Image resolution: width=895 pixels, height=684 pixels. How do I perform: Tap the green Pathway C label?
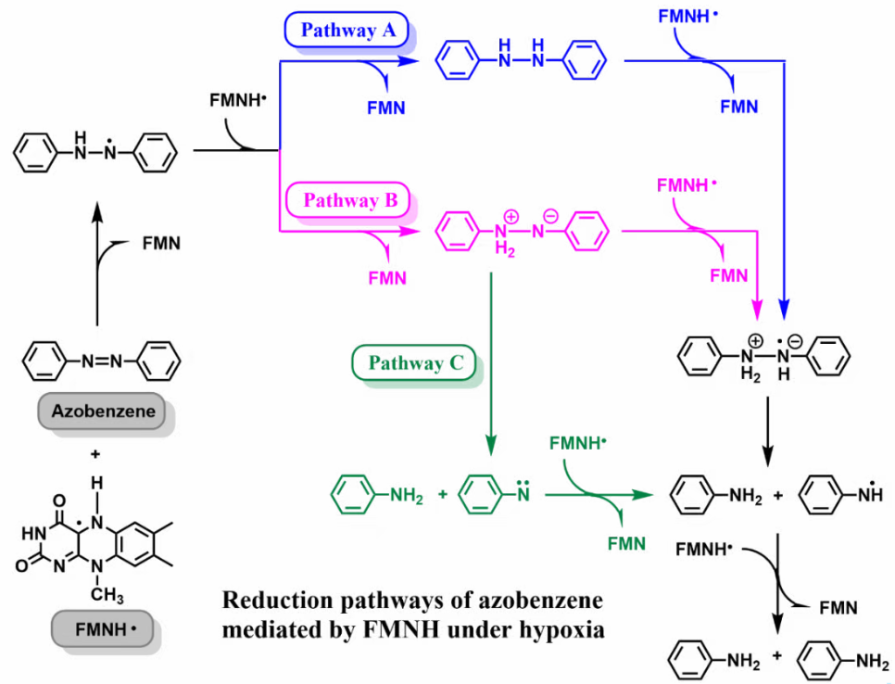415,362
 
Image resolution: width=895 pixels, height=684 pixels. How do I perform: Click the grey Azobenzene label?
104,409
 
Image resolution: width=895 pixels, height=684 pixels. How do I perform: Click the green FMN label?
625,543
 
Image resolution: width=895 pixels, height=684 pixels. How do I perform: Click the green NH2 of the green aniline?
406,495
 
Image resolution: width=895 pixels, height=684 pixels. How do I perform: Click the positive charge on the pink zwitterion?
511,214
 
